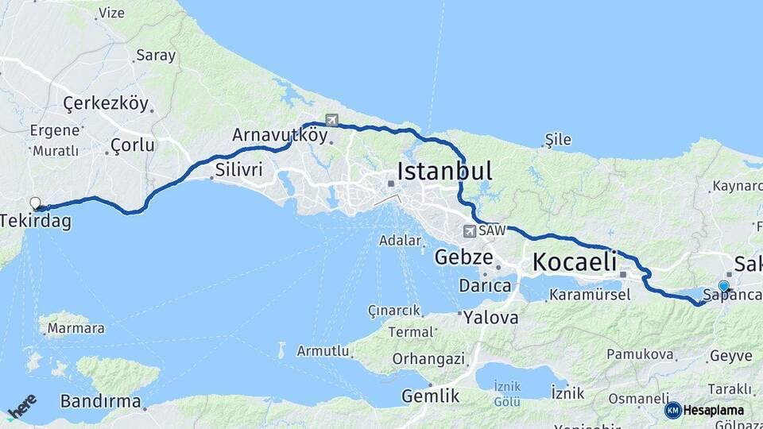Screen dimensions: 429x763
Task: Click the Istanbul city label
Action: coord(443,171)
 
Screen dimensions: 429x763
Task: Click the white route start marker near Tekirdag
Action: coord(35,203)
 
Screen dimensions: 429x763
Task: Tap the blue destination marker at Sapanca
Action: coord(723,286)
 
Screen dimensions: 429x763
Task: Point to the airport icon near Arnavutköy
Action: coord(331,121)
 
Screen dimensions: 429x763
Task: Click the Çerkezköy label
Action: coord(106,103)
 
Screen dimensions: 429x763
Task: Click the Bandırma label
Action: coord(101,400)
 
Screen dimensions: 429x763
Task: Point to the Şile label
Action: coord(557,140)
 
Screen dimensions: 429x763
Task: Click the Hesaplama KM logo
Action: coord(704,410)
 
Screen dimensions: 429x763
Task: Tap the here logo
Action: coord(21,407)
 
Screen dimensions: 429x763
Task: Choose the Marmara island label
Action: coord(76,327)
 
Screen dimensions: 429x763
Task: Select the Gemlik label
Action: coord(430,396)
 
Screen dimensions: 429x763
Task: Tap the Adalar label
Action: coord(400,240)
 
